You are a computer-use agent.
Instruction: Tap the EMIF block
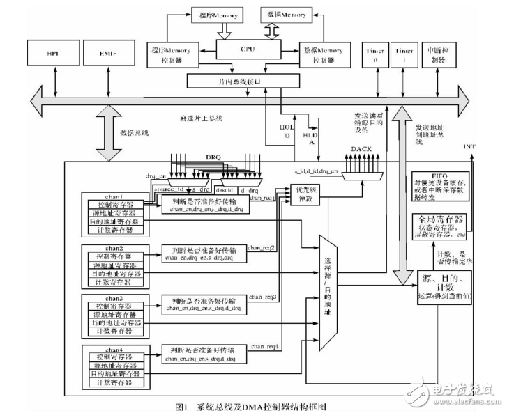click(103, 54)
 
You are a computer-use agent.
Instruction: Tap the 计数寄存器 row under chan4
click(115, 382)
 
